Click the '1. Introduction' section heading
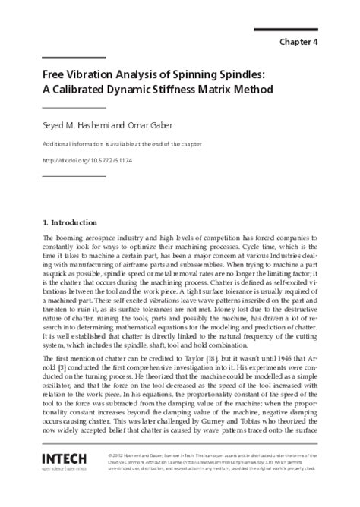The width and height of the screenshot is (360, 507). [70, 222]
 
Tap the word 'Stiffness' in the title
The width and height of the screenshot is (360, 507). [182, 90]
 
